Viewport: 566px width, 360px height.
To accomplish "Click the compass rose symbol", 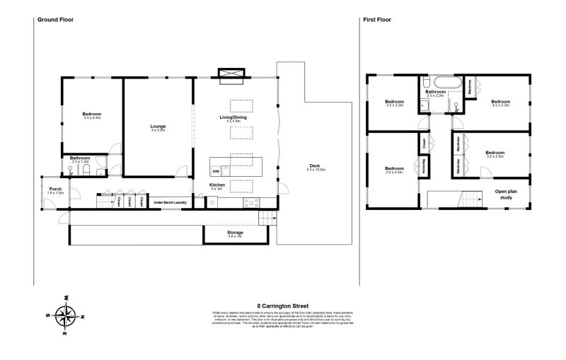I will click(x=65, y=313).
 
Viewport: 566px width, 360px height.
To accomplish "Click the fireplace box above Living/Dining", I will click(x=231, y=73).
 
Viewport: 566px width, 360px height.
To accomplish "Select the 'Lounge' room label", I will click(x=158, y=127).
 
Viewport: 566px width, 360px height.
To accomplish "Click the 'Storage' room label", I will click(x=235, y=232).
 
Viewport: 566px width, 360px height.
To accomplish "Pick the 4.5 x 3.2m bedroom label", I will click(x=501, y=102).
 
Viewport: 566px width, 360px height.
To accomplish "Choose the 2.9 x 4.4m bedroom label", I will click(x=394, y=170).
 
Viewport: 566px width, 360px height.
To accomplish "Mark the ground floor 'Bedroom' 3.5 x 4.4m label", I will click(x=92, y=115).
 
